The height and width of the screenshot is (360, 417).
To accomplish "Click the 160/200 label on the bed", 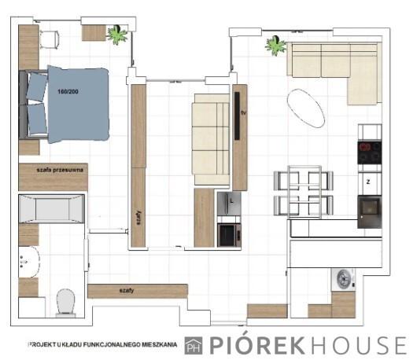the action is (68, 92).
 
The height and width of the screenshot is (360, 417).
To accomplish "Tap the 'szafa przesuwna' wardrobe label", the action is (60, 170).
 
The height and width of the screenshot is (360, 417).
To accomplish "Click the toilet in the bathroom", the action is (65, 303).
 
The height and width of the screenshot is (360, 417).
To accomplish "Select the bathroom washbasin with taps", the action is (29, 262).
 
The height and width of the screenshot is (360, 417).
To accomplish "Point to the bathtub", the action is (52, 208).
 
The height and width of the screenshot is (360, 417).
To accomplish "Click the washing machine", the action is (343, 279).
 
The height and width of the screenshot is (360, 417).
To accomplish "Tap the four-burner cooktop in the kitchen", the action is (370, 153).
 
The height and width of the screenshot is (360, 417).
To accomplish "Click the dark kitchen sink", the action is (370, 211).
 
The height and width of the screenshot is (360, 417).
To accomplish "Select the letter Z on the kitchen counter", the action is (368, 182).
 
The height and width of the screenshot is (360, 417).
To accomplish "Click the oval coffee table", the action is (306, 108).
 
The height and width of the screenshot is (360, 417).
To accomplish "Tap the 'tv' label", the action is (244, 113).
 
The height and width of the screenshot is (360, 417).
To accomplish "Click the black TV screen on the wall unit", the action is (237, 116).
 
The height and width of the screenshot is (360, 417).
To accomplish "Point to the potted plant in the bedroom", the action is (117, 35).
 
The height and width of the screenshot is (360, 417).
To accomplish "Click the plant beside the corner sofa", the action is (275, 45).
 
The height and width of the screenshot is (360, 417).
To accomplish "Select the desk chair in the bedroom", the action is (50, 39).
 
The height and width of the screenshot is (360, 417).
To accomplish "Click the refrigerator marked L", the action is (229, 204).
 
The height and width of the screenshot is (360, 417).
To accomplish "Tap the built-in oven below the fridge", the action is (229, 235).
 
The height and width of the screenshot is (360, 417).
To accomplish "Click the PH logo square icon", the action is (194, 345).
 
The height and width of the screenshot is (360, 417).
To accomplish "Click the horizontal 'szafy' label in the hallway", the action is (127, 291).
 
